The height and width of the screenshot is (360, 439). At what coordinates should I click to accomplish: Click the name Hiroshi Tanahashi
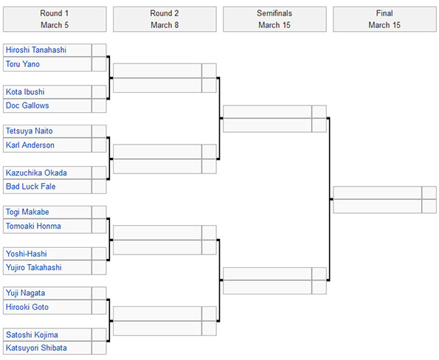36,50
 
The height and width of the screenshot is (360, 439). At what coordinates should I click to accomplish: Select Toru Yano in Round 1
23,64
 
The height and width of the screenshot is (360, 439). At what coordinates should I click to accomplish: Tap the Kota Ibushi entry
25,91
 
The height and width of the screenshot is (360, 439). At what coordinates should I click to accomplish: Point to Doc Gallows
27,105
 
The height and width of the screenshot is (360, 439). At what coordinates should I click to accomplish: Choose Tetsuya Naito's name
29,131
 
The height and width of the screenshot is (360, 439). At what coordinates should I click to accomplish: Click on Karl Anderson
30,145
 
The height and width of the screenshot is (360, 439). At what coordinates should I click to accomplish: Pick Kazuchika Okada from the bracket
36,173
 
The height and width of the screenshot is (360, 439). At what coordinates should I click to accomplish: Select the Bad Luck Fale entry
31,187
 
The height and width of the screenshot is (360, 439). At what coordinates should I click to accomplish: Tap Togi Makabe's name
27,212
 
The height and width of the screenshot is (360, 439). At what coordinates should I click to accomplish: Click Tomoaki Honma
33,226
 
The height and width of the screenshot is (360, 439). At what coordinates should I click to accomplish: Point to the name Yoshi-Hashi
27,254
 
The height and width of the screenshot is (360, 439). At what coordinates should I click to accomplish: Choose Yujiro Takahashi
34,268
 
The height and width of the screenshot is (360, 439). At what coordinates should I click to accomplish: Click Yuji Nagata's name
26,293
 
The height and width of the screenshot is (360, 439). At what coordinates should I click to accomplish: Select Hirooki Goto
27,307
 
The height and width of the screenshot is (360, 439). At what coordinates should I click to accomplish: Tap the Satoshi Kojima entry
32,335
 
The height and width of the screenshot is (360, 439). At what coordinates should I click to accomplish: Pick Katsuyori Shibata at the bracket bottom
36,348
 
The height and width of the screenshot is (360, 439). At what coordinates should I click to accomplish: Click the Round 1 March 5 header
55,19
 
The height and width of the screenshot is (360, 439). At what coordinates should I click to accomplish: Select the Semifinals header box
274,19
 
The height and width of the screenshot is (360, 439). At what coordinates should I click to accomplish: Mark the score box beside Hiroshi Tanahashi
99,50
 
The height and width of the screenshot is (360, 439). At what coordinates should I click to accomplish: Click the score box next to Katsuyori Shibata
99,348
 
